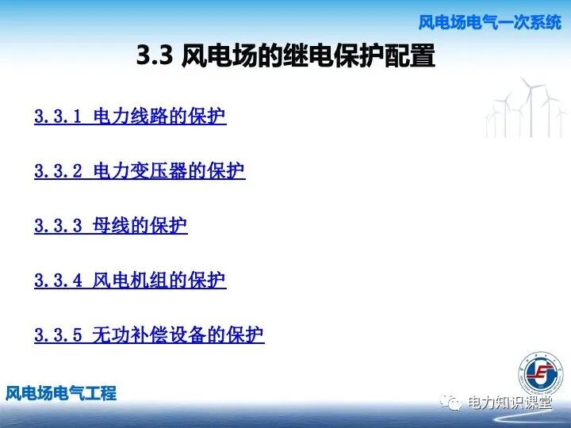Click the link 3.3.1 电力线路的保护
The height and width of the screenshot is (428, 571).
click(130, 117)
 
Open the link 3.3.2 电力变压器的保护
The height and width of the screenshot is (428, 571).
click(140, 171)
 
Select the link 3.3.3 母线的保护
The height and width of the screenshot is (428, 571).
click(111, 226)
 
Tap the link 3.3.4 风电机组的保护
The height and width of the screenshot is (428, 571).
click(130, 281)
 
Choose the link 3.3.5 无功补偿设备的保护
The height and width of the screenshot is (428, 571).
click(149, 335)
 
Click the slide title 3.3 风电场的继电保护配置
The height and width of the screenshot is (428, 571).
click(286, 56)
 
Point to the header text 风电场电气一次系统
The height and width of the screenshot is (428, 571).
click(489, 22)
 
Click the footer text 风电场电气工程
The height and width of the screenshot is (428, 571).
click(61, 393)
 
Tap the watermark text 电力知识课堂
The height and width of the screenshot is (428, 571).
click(509, 403)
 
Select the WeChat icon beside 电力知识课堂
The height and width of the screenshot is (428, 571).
click(453, 403)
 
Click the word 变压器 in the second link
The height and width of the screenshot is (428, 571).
click(159, 171)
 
